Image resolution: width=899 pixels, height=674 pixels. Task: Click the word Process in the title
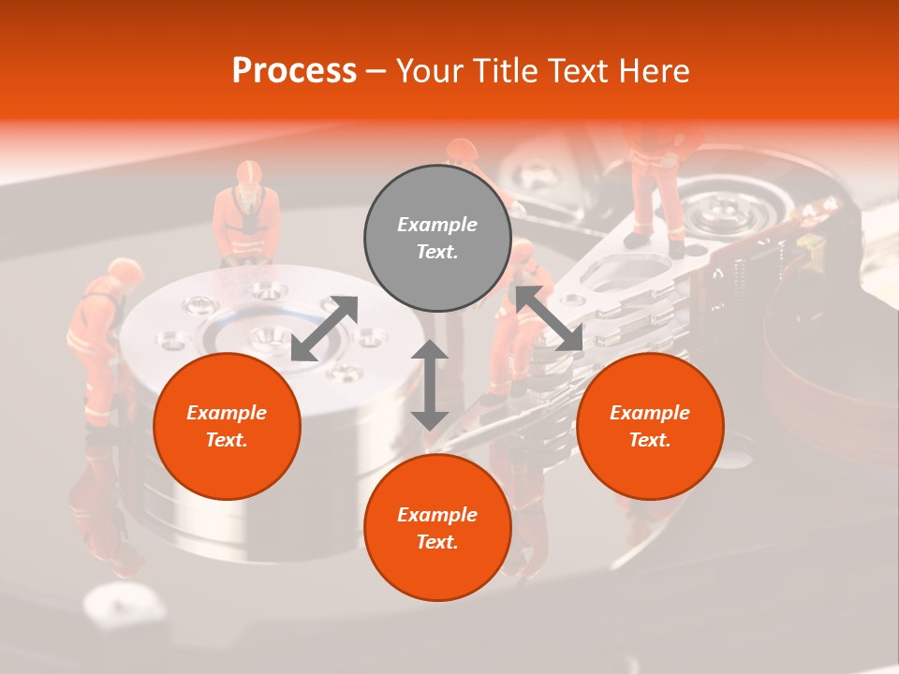[294, 71]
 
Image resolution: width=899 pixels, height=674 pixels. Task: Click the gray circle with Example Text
[437, 238]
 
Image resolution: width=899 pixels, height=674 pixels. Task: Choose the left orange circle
[227, 426]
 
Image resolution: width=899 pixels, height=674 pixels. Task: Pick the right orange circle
[650, 426]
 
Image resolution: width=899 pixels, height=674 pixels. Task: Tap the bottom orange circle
[437, 527]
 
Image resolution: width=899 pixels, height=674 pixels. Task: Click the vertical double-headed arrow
[430, 385]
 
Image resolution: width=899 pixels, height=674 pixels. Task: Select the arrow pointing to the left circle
[324, 329]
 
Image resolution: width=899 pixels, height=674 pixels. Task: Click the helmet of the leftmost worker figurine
[125, 271]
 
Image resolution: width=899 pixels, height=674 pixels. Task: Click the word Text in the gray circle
[436, 252]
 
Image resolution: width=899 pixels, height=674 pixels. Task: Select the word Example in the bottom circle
[437, 514]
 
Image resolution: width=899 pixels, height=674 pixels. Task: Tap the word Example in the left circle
[227, 412]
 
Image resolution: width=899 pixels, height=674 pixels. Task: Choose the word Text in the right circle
[649, 440]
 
